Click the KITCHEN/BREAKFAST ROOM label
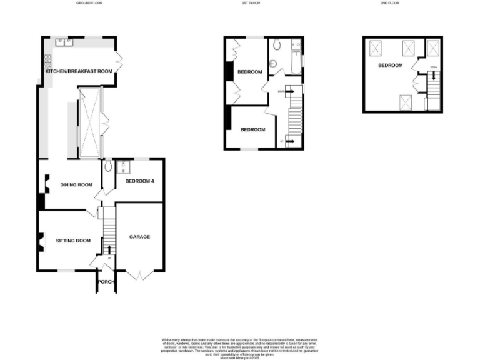tap(79, 72)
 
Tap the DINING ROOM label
tap(76, 184)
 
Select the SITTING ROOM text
tap(73, 241)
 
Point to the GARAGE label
tap(139, 237)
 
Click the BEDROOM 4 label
tap(139, 181)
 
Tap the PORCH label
tap(105, 282)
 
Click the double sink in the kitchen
tap(64, 42)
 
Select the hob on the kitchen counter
tap(47, 62)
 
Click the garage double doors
tap(140, 274)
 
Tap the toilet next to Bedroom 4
tap(108, 166)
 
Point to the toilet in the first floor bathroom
tap(274, 62)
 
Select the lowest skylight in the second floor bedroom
tap(405, 100)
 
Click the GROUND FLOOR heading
tap(89, 3)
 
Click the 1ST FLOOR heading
tap(251, 3)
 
